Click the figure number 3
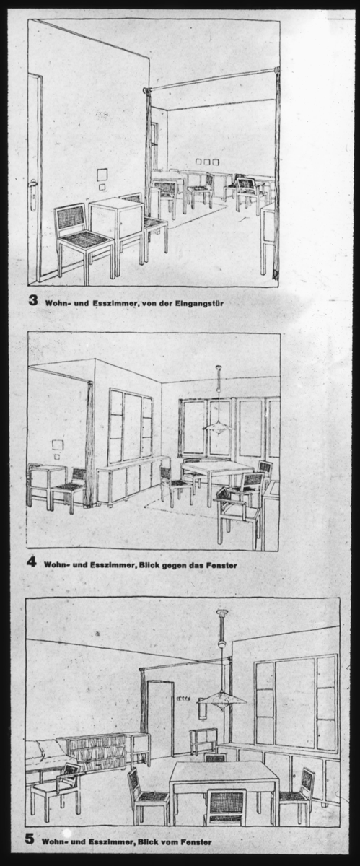click(x=33, y=300)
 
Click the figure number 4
click(x=31, y=562)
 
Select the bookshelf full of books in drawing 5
click(x=97, y=752)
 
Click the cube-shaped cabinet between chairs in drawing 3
click(x=117, y=223)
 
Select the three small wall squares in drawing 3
click(x=205, y=162)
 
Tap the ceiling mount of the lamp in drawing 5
click(x=222, y=613)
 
